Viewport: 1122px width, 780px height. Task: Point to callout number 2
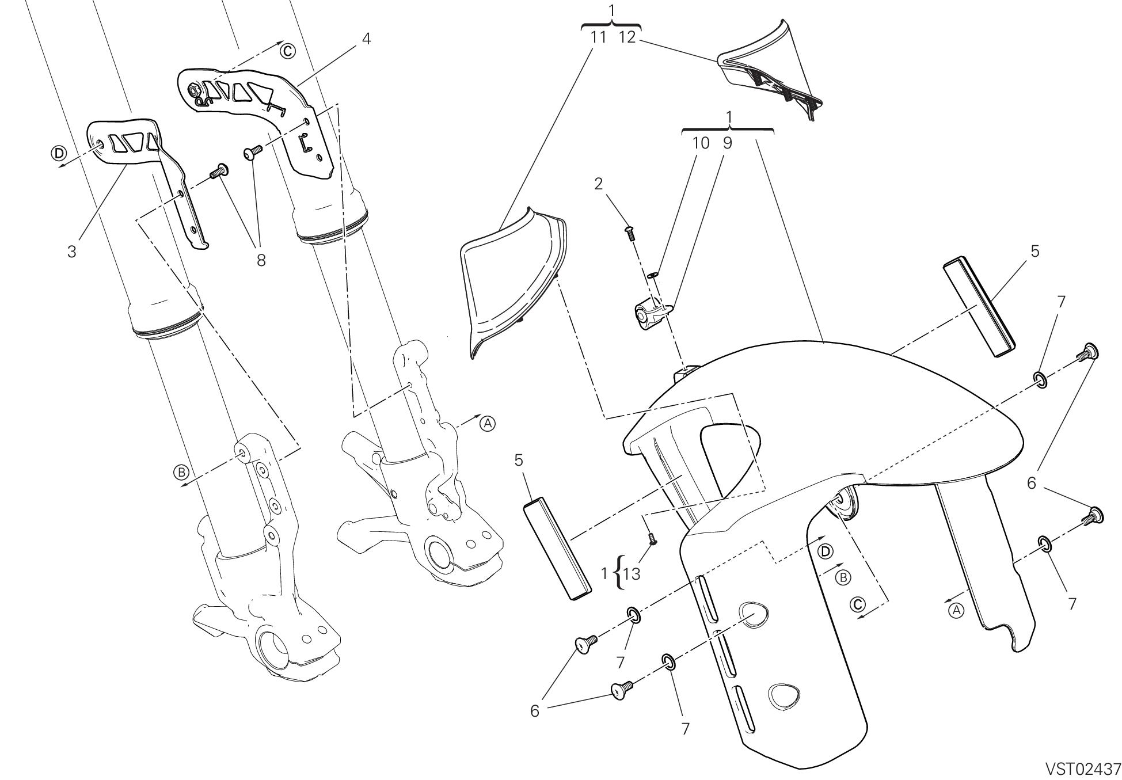tap(599, 184)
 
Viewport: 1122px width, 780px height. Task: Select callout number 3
tap(71, 252)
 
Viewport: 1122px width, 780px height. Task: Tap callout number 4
tap(366, 39)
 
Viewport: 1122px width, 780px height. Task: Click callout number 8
tap(261, 260)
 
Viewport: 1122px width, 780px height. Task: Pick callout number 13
tap(632, 574)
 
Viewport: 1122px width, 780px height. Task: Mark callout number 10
tap(701, 143)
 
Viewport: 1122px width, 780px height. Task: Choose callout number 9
tap(727, 143)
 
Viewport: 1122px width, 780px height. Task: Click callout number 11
tap(599, 38)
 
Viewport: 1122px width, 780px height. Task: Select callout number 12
tap(627, 38)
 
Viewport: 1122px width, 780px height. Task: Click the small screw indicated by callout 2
tap(629, 232)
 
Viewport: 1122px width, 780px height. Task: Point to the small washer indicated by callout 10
tap(652, 275)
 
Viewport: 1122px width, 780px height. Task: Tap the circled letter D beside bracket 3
tap(58, 153)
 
